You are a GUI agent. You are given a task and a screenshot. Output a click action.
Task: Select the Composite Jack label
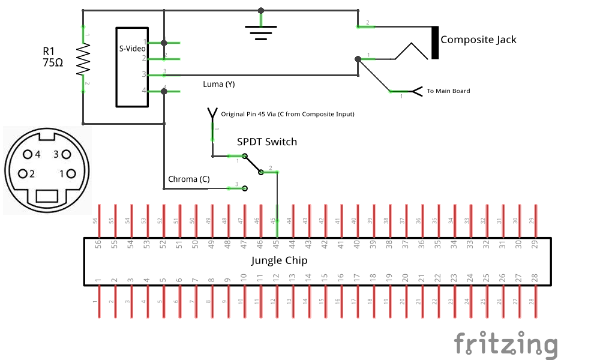(478, 40)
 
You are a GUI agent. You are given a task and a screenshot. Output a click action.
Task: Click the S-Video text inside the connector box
(132, 49)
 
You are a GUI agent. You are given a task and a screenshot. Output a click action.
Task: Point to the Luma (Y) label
(219, 85)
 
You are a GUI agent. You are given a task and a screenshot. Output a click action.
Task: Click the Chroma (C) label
(188, 179)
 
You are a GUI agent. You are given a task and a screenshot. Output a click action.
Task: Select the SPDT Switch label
(267, 142)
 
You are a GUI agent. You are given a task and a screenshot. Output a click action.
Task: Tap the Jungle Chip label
(279, 260)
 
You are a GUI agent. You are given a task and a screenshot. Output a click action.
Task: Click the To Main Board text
(448, 91)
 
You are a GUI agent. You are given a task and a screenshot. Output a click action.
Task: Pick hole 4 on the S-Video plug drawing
(27, 154)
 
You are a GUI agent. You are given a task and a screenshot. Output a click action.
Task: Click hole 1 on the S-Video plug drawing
(71, 174)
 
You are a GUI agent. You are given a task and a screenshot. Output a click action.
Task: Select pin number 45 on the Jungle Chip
(276, 244)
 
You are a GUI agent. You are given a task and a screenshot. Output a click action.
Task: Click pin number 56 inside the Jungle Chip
(98, 244)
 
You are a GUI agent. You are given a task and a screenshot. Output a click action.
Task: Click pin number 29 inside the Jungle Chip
(535, 244)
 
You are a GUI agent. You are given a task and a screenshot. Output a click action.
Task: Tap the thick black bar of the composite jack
(434, 43)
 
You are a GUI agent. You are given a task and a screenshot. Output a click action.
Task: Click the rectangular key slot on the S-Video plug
(46, 196)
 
